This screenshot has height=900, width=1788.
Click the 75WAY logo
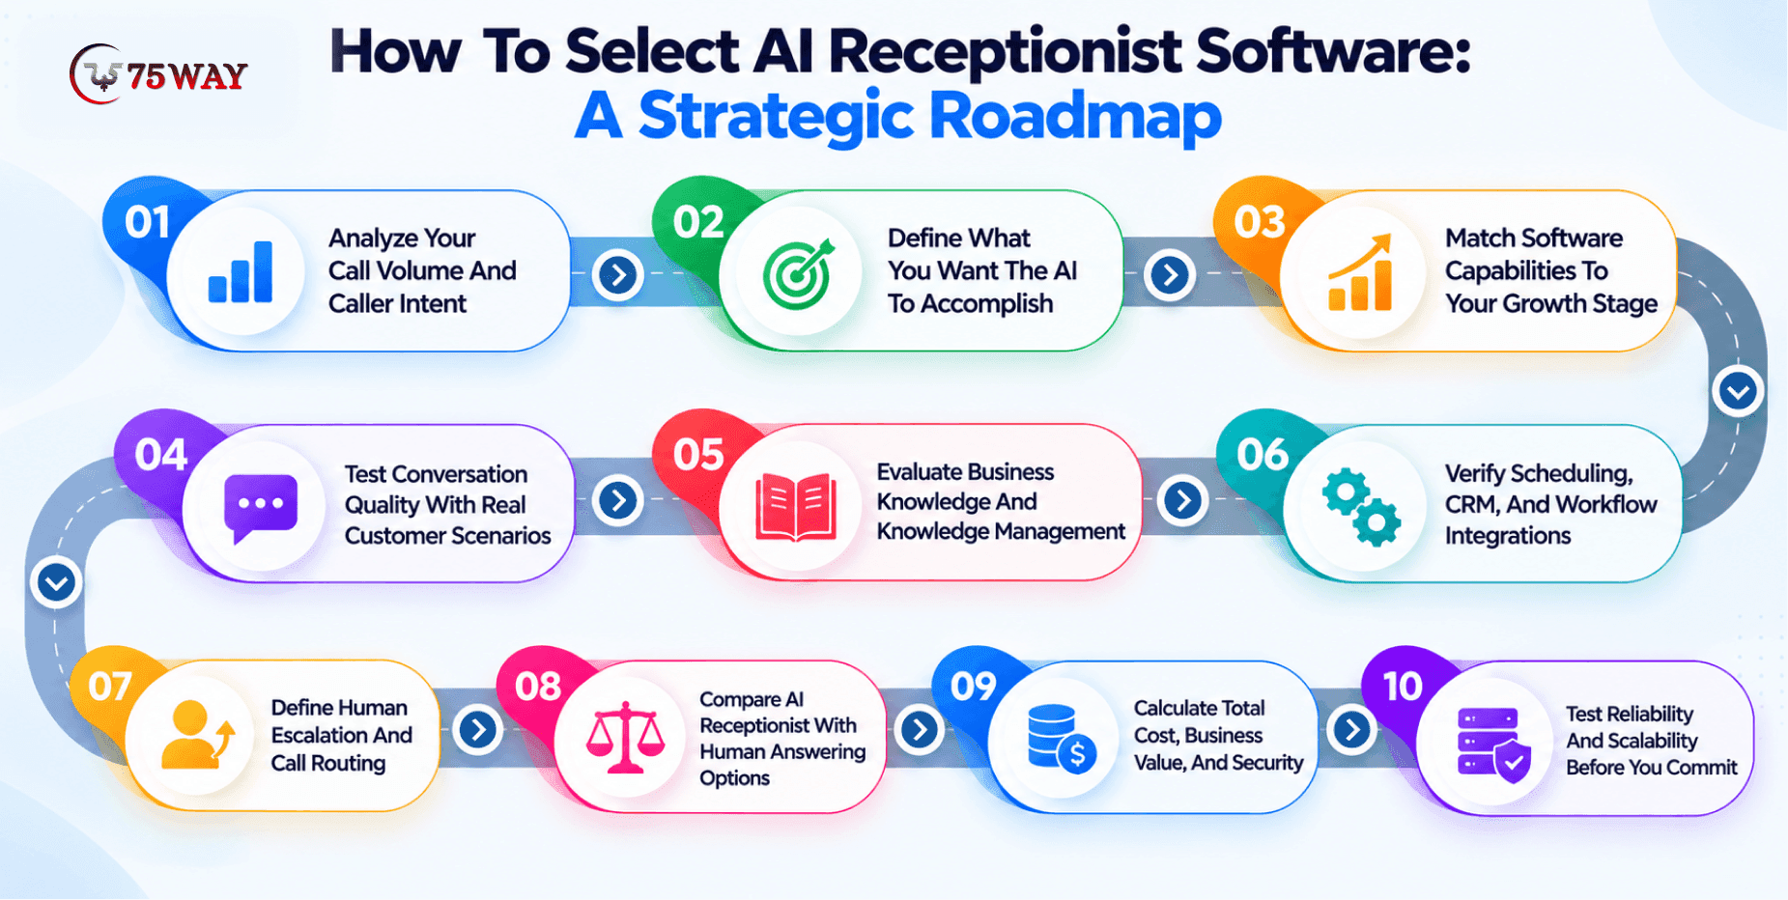158,74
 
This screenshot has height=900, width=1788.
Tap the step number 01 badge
147,223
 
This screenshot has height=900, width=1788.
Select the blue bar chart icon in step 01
241,272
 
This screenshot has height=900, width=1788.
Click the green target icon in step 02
798,272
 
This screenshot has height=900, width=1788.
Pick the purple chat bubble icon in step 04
261,508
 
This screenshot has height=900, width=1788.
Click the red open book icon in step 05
796,507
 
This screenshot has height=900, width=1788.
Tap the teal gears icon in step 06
1361,507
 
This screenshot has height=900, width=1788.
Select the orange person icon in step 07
198,735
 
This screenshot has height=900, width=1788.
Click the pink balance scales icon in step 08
625,737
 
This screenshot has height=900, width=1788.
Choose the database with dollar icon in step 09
1062,739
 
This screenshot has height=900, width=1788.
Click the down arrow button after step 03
1739,391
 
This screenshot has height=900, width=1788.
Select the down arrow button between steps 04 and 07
56,582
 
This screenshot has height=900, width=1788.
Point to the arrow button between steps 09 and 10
1352,729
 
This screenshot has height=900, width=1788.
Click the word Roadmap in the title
1075,116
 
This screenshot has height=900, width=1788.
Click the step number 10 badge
1403,687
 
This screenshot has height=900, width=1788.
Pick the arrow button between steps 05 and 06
1183,499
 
